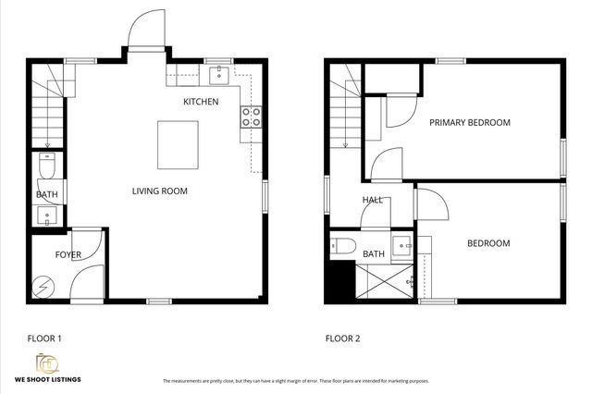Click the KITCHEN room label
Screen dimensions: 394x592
point(201,101)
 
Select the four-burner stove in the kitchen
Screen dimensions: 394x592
point(251,117)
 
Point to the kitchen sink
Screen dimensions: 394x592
point(218,73)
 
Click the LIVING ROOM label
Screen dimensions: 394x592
point(159,191)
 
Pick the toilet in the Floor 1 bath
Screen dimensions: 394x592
point(47,166)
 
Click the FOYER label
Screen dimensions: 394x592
point(68,253)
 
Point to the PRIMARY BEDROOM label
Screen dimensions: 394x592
point(469,122)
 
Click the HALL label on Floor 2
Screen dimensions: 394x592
point(373,199)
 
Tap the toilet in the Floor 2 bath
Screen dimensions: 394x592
point(344,246)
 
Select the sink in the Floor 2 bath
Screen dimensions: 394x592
point(402,246)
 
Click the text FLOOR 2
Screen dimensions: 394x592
point(342,339)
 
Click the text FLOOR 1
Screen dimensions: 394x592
point(44,339)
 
